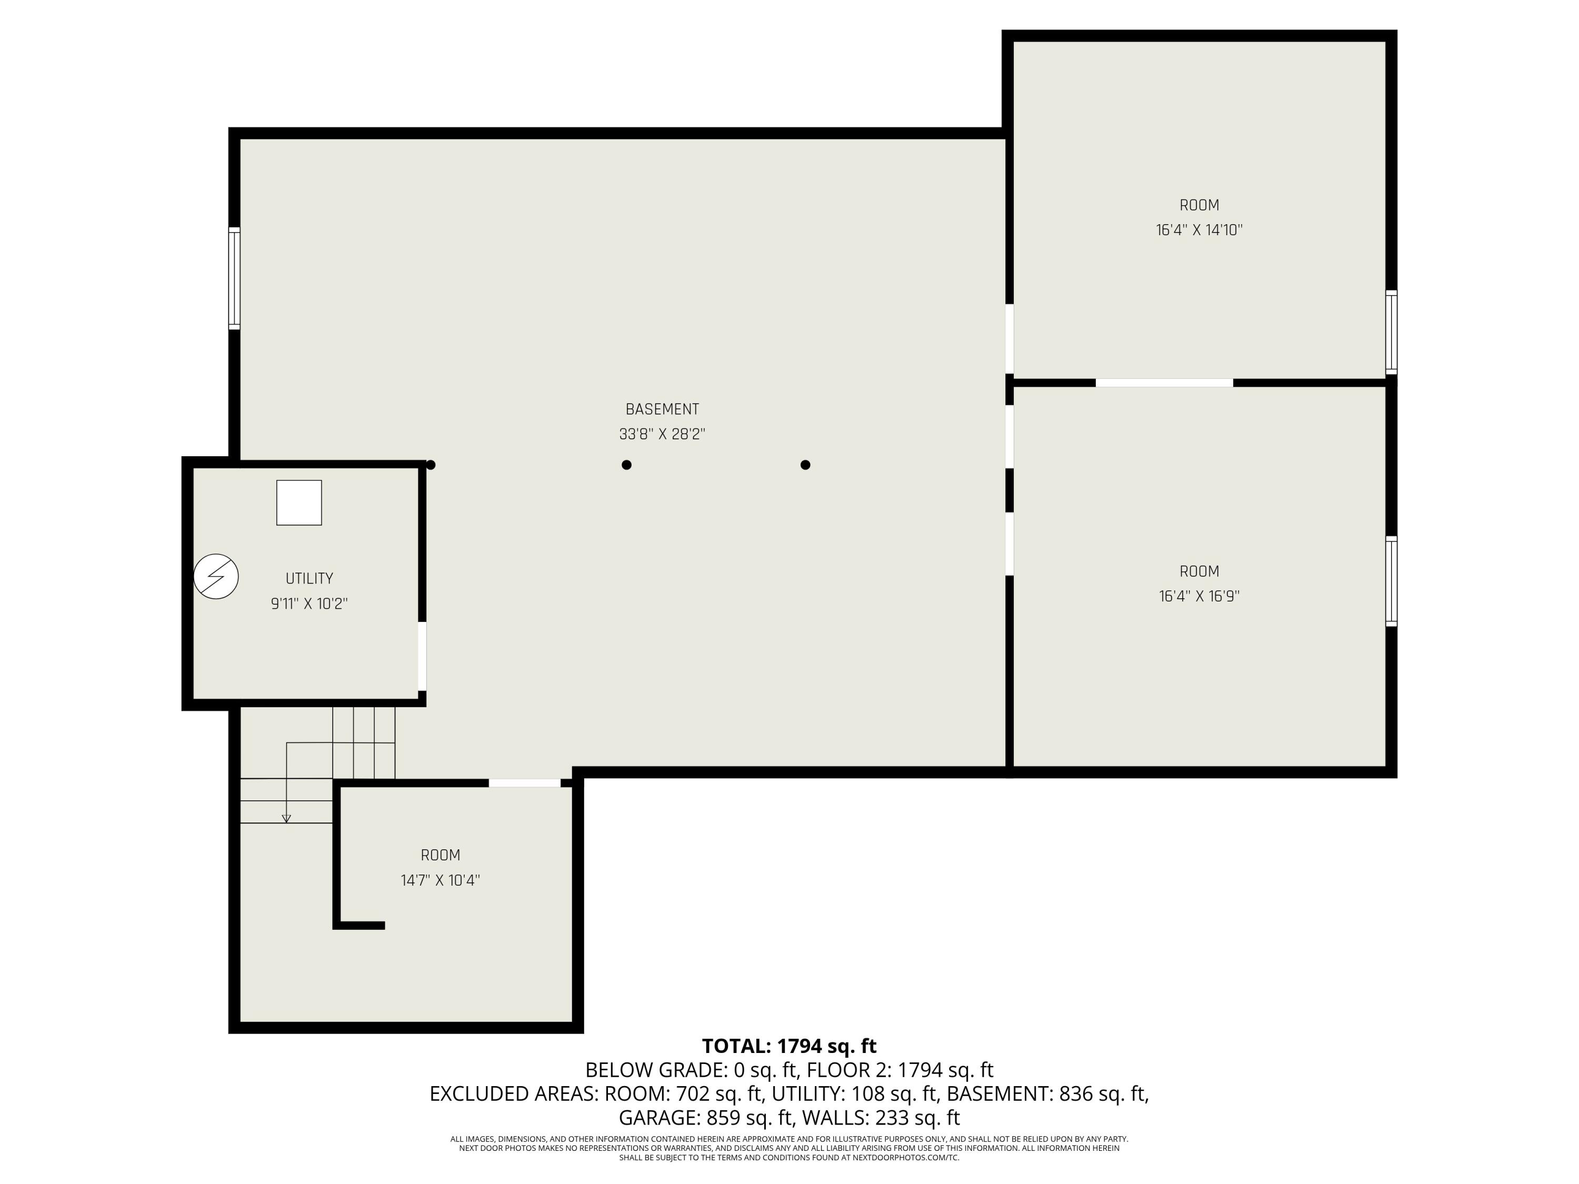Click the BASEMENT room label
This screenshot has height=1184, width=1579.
[662, 409]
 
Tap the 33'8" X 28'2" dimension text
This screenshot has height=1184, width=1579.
[662, 434]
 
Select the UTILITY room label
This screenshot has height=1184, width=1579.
[309, 578]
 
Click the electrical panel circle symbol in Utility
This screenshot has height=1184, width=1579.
[216, 576]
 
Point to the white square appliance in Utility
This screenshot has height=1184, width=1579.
[299, 503]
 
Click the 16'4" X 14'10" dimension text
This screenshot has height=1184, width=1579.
[1199, 230]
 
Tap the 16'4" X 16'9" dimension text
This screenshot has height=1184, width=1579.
[1199, 596]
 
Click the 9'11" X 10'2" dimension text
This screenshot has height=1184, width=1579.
[309, 604]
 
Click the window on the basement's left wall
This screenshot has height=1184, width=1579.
[234, 278]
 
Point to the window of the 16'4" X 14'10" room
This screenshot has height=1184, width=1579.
[1391, 332]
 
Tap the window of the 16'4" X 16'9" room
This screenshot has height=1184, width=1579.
[1391, 581]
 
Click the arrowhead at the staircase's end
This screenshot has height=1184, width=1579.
[286, 819]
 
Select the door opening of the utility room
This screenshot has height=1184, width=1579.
[422, 656]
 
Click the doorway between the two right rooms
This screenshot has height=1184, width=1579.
[1164, 383]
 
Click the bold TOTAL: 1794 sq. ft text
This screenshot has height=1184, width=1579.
[789, 1046]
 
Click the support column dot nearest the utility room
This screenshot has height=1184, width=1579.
[431, 465]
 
